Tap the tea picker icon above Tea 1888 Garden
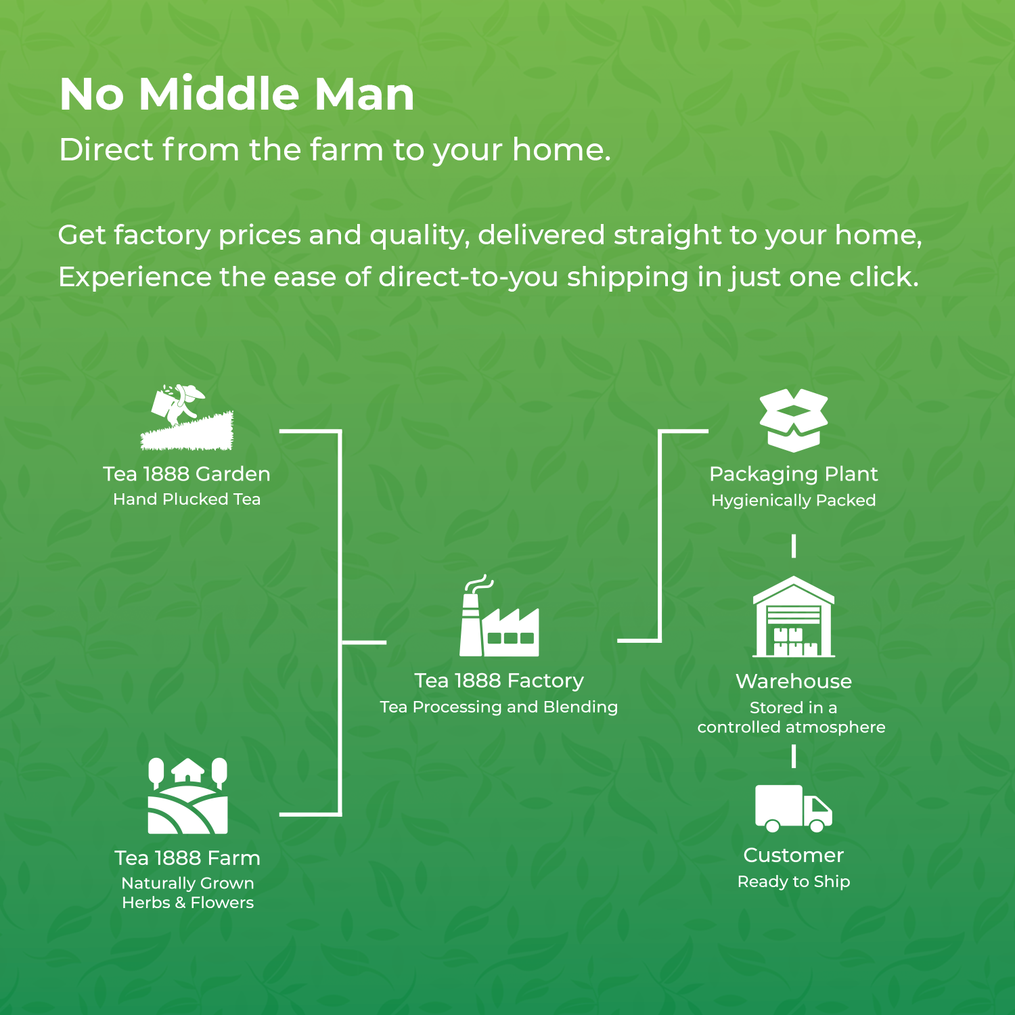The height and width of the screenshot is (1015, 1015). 187,418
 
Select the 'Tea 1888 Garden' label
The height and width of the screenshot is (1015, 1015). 187,474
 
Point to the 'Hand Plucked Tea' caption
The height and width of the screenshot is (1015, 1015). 187,499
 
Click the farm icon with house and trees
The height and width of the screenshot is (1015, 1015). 187,796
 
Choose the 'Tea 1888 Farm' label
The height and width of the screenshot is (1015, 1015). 187,858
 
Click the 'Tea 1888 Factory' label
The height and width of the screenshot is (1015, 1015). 499,681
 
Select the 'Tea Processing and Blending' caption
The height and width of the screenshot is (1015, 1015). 499,707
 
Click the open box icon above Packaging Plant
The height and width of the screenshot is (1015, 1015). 794,420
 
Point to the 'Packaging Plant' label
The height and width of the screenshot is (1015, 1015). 794,474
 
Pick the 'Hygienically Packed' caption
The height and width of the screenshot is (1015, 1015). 794,501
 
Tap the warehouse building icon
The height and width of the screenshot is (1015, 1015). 794,616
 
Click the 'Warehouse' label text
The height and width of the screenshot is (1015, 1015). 794,681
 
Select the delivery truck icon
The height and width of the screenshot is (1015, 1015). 794,809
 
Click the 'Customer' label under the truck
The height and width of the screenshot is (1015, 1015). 794,855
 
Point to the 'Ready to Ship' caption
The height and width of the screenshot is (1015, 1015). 794,882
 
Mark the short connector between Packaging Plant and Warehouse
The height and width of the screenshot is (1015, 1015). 794,546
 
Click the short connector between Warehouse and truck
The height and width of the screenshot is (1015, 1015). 794,757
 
